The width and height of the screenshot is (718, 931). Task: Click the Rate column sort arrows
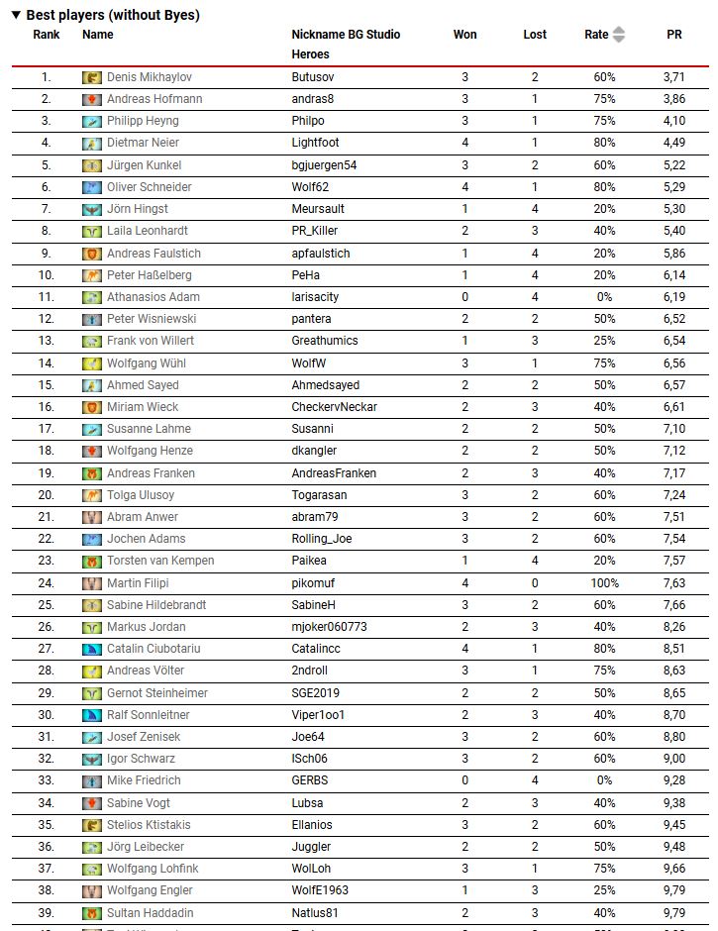point(619,35)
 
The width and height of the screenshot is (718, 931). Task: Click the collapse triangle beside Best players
point(16,15)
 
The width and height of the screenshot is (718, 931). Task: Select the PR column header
point(673,35)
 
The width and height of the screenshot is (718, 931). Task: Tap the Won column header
point(464,35)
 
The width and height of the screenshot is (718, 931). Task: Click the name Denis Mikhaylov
point(150,77)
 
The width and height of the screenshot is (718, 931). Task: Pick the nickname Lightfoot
point(315,143)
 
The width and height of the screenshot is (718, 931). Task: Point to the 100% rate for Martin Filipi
point(604,583)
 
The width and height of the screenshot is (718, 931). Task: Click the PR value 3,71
point(673,77)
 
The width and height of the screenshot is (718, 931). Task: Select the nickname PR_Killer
point(315,231)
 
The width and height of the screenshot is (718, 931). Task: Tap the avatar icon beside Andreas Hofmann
point(92,99)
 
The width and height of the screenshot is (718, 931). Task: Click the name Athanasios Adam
point(154,297)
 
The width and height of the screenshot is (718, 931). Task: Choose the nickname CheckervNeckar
point(334,407)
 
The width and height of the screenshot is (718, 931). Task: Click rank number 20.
point(46,495)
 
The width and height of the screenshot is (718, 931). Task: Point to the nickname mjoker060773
point(329,627)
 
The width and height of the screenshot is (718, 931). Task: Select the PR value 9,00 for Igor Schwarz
point(673,759)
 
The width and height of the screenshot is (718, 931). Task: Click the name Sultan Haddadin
point(151,913)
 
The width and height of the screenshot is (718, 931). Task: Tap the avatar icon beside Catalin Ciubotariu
point(92,649)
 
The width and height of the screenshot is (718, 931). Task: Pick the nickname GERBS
point(309,780)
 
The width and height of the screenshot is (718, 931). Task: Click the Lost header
point(535,35)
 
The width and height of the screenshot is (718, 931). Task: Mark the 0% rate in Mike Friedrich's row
point(604,780)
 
